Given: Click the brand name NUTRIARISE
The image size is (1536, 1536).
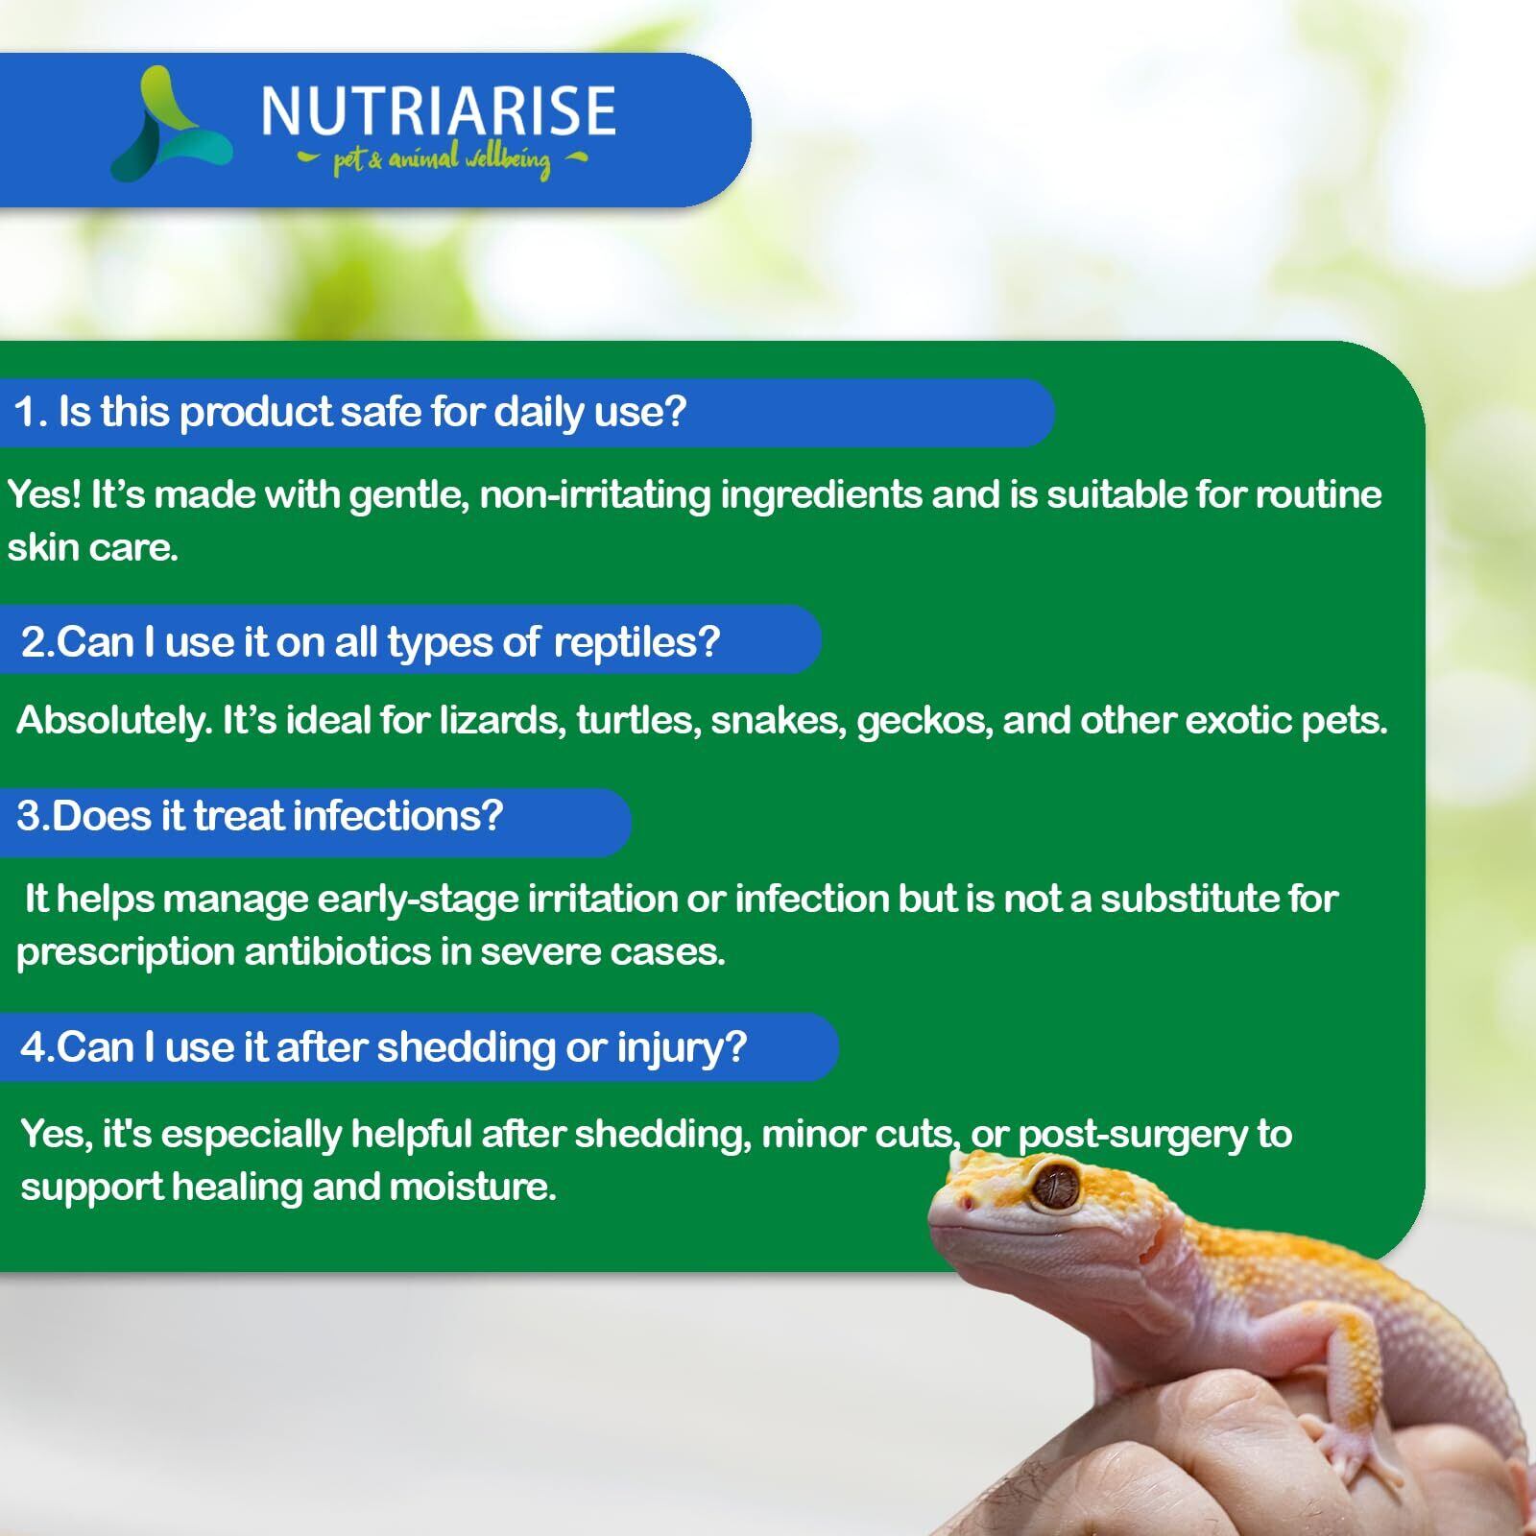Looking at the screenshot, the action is point(438,110).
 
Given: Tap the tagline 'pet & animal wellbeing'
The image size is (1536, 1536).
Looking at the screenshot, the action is point(443,160).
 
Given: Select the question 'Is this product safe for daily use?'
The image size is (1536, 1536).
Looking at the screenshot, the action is point(372,412).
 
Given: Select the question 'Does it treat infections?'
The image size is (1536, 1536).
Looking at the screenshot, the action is point(276,816).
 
